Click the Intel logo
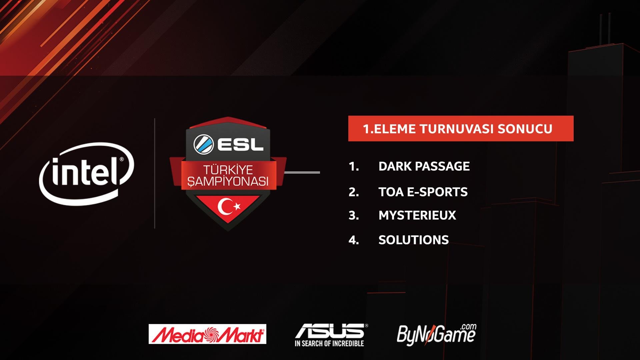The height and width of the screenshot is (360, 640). click(x=87, y=173)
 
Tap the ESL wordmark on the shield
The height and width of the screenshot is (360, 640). click(x=240, y=145)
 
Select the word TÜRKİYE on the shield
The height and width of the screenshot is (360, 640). click(x=228, y=170)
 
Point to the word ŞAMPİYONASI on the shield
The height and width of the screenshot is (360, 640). click(x=228, y=182)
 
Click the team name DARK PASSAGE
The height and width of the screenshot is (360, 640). click(x=424, y=166)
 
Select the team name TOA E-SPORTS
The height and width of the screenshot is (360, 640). click(x=423, y=192)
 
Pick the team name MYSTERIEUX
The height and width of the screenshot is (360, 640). click(x=417, y=215)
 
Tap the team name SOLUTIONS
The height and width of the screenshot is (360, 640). click(x=413, y=240)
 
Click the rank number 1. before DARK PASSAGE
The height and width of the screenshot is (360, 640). click(x=354, y=166)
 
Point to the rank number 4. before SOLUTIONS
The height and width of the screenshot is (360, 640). click(x=354, y=240)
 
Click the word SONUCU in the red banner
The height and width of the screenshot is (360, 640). click(x=525, y=129)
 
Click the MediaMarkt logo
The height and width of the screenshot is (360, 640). click(x=207, y=334)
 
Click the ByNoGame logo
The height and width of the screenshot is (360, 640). click(x=436, y=334)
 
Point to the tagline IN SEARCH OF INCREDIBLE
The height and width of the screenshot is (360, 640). click(x=329, y=343)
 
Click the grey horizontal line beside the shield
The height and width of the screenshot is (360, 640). click(x=302, y=172)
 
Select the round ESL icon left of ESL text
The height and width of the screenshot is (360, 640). click(x=203, y=144)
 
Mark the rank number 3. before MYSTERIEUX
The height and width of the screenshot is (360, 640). click(x=354, y=216)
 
